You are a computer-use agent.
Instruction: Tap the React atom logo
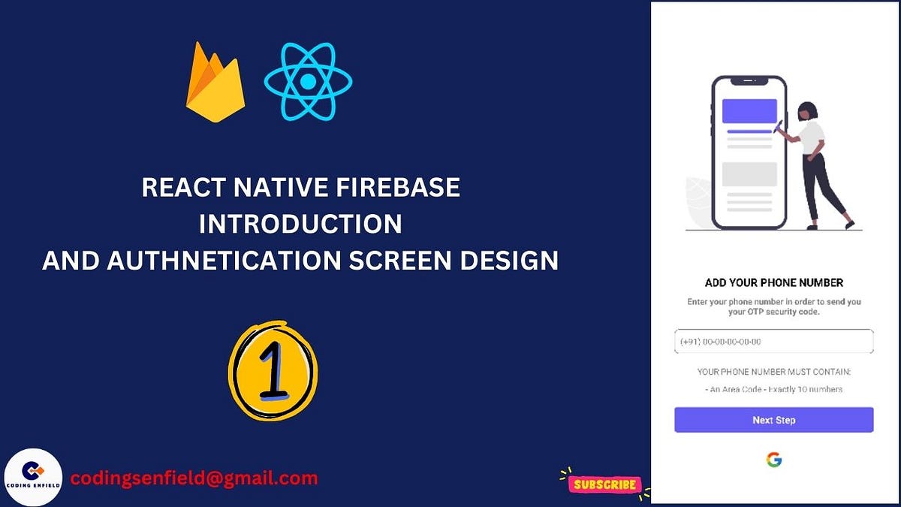308,81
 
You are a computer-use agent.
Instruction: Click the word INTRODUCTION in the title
300,224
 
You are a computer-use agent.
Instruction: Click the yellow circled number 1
273,371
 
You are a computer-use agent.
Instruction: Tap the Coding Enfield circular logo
33,477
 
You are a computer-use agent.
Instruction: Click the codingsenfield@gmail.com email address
194,478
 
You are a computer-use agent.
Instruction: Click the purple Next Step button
773,420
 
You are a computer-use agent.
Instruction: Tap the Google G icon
773,460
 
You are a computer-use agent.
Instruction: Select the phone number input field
773,342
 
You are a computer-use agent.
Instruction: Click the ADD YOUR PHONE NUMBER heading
773,283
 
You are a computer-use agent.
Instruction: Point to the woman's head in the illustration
806,110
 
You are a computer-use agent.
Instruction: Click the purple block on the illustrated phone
749,111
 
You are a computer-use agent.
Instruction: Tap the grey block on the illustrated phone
749,174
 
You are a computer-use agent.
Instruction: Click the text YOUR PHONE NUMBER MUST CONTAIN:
773,372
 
